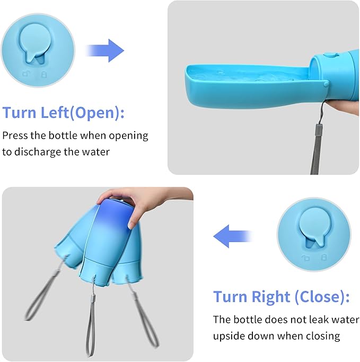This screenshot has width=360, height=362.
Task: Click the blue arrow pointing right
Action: tap(106, 50)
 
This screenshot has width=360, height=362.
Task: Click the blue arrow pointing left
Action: tap(232, 236)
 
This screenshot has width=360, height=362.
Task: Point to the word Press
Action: tap(16, 135)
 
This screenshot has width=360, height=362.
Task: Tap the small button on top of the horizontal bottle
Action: tap(329, 54)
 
